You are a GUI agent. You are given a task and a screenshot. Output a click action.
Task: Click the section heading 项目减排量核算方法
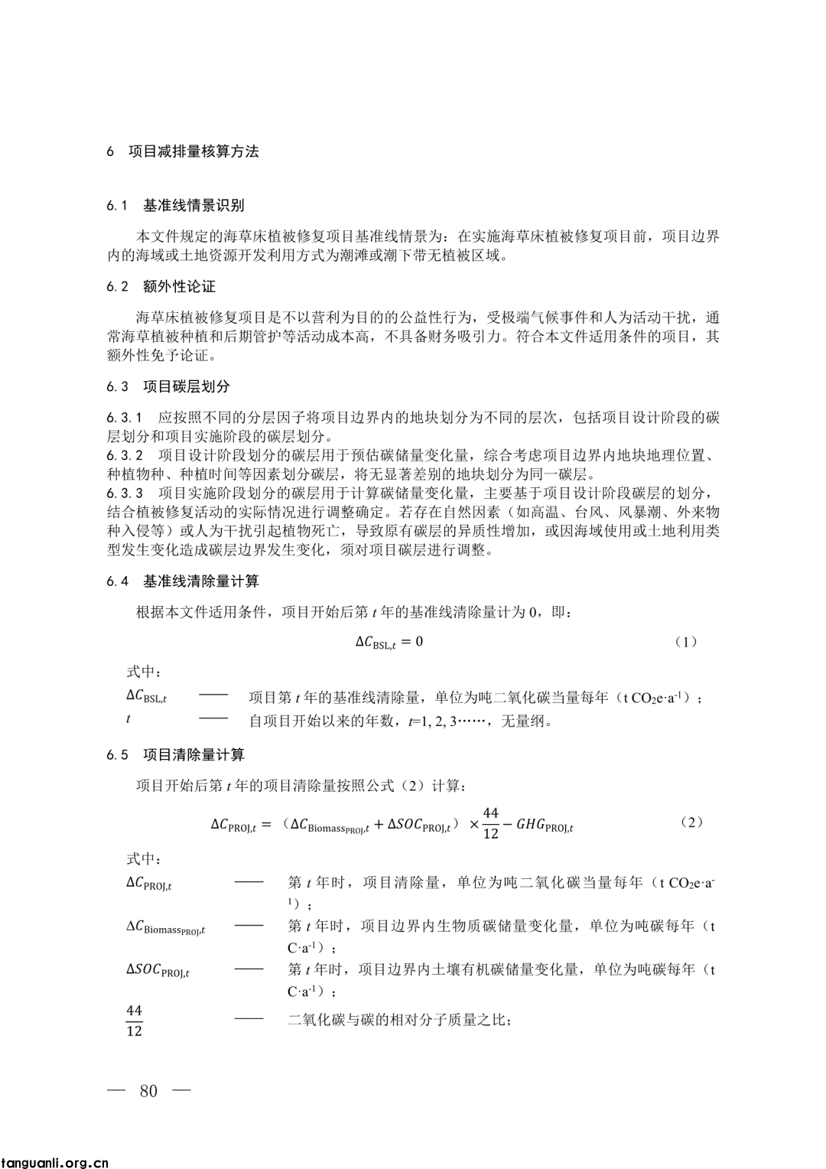click(x=193, y=151)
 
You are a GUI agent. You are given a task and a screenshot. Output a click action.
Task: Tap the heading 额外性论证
click(x=179, y=287)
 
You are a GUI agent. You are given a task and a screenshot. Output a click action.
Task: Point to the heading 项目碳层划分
click(x=186, y=386)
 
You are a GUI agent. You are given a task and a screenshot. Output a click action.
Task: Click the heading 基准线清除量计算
click(x=200, y=581)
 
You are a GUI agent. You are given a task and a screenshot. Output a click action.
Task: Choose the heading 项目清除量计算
click(x=193, y=755)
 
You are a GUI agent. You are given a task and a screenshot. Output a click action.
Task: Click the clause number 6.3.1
click(x=125, y=418)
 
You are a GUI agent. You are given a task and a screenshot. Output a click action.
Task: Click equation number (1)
click(x=685, y=642)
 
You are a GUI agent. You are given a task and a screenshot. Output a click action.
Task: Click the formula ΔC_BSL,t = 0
click(x=389, y=642)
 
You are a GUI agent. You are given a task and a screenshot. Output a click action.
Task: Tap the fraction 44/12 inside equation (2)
click(x=491, y=823)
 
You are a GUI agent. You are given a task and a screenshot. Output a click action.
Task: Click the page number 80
click(x=148, y=1090)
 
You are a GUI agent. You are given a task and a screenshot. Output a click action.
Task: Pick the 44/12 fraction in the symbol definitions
click(x=134, y=1021)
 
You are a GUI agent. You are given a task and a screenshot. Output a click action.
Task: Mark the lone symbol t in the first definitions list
click(x=128, y=719)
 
